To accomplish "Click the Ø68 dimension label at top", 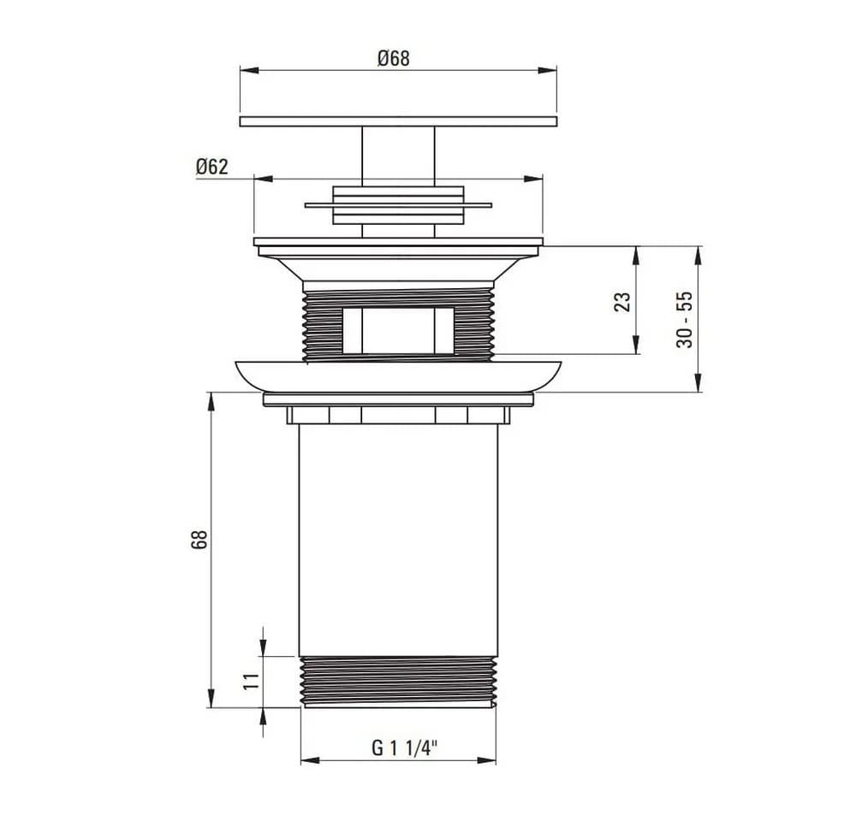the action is pos(393,58).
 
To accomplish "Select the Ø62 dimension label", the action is pos(211,167).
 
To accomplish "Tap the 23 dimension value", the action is pos(622,302).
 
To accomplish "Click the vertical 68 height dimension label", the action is pos(199,540).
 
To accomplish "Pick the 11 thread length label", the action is pos(251,682).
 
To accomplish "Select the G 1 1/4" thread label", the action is pos(405,748).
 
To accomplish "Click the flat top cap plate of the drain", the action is pos(399,121).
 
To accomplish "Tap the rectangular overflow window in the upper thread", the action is pos(399,330).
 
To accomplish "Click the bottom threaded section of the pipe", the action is pos(399,682).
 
